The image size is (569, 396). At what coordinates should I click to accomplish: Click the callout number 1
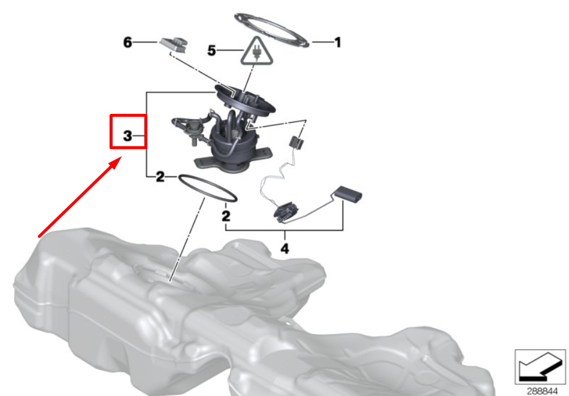click(x=338, y=43)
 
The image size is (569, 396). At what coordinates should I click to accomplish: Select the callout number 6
click(x=128, y=43)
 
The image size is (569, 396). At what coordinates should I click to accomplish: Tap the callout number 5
click(x=211, y=50)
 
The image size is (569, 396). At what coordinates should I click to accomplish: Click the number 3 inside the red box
click(x=128, y=136)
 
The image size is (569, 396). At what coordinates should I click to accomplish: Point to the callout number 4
click(x=285, y=249)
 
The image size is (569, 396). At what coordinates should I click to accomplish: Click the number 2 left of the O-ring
click(x=160, y=177)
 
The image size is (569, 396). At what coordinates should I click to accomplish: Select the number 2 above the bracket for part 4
click(x=226, y=216)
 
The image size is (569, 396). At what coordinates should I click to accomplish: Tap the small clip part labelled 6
click(x=174, y=44)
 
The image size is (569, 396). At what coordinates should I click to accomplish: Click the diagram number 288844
click(x=542, y=391)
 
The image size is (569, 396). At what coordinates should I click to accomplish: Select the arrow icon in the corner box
click(x=540, y=367)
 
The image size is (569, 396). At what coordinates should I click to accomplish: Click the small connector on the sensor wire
click(x=296, y=141)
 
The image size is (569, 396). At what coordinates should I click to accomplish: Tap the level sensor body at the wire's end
click(x=286, y=212)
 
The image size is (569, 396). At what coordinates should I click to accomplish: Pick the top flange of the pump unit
click(x=245, y=99)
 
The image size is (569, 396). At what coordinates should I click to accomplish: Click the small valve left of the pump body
click(x=193, y=131)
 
